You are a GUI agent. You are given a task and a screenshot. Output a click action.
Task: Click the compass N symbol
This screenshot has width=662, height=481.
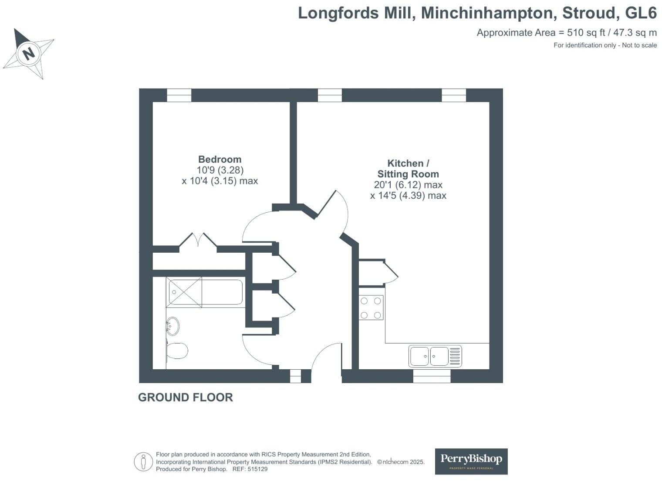click(x=28, y=53)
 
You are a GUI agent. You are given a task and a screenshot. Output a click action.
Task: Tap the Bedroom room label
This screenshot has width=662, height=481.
click(x=220, y=160)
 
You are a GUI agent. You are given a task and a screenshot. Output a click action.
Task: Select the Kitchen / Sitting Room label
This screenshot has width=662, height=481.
click(x=408, y=169)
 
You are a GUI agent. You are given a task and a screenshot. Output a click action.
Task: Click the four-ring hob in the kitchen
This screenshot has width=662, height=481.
click(x=371, y=307)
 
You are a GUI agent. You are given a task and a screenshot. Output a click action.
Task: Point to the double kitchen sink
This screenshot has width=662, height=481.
click(x=435, y=356)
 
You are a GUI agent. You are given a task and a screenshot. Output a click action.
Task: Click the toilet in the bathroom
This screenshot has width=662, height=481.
click(x=177, y=351)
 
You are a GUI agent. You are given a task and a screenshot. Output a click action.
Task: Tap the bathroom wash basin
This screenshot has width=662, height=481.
click(x=173, y=326)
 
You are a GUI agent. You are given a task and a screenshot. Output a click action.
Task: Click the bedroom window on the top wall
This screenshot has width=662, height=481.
click(x=179, y=95)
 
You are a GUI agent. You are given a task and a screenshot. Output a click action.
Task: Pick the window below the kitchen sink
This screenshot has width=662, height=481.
click(x=432, y=376)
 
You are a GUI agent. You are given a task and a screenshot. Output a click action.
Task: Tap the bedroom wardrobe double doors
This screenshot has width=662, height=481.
click(x=198, y=242)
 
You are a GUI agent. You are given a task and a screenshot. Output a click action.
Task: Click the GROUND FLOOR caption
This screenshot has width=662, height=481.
click(x=186, y=397)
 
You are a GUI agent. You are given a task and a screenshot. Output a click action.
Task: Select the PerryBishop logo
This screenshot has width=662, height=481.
click(x=471, y=461)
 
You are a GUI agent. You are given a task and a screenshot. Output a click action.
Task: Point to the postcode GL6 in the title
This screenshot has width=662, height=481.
click(x=641, y=13)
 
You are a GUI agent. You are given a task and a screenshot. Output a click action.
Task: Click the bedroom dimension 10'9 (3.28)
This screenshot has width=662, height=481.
click(x=220, y=170)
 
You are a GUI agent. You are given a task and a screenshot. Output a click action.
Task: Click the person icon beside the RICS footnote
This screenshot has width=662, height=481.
click(x=143, y=462)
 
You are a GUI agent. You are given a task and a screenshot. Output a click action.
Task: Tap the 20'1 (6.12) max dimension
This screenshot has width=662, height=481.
click(x=408, y=185)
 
